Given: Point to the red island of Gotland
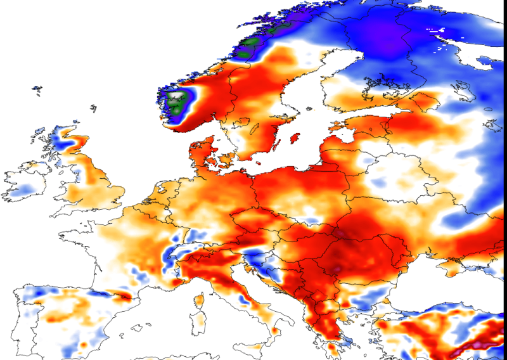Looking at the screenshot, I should point(294,138).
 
